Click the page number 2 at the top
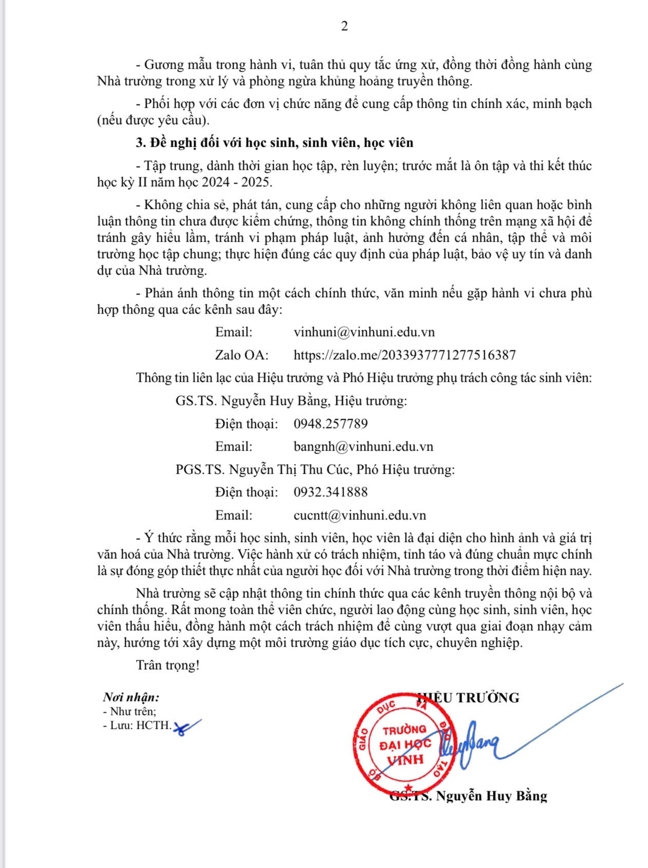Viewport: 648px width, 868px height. tap(345, 26)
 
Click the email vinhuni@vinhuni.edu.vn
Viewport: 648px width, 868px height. tap(364, 332)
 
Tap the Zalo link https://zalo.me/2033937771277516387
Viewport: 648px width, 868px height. tap(405, 355)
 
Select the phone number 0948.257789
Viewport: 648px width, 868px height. tap(331, 423)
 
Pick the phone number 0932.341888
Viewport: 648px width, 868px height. tap(331, 492)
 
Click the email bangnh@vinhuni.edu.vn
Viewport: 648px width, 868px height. tap(364, 446)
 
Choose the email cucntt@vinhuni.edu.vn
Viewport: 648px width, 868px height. tap(360, 515)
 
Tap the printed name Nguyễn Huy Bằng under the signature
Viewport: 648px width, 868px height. tap(491, 796)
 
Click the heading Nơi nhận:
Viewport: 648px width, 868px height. tap(131, 697)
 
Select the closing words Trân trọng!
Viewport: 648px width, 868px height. tap(167, 665)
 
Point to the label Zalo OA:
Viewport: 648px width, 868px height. tap(242, 355)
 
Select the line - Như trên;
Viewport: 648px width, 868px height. tap(130, 711)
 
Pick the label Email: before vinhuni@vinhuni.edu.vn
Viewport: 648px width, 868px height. tap(234, 332)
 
